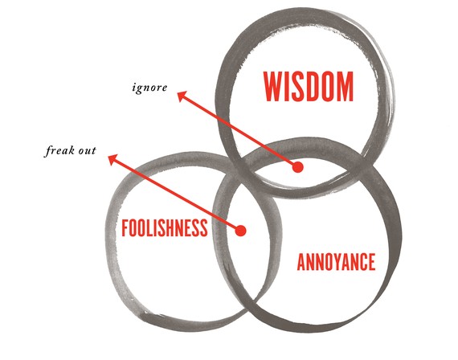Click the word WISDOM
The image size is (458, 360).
(x=309, y=87)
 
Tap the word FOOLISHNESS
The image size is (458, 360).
(x=165, y=228)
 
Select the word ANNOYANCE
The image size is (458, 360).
(x=336, y=262)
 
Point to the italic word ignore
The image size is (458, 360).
(x=149, y=88)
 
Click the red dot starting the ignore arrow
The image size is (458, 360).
(x=297, y=167)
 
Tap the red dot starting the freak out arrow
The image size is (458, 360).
(x=241, y=231)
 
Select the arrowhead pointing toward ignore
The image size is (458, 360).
(x=182, y=96)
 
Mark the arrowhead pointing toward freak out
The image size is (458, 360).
(x=112, y=160)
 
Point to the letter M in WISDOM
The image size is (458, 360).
(x=346, y=87)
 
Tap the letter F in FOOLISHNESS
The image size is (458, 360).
(x=125, y=228)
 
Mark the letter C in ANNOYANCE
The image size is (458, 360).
(x=363, y=262)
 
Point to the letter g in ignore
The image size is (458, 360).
(x=139, y=89)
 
